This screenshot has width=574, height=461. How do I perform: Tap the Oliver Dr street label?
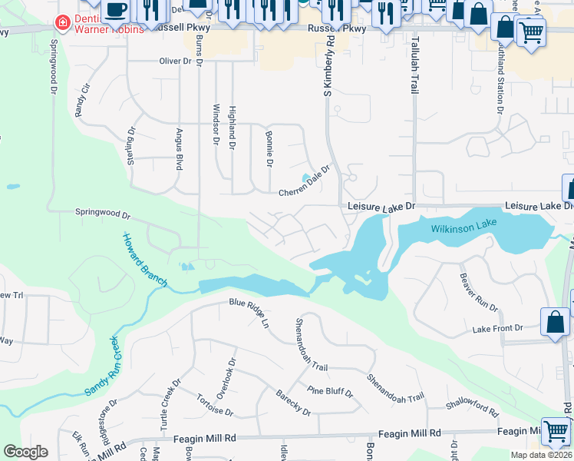tap(174, 61)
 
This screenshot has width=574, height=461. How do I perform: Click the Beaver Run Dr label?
tap(478, 292)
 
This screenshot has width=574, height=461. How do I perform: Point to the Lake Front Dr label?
tap(498, 328)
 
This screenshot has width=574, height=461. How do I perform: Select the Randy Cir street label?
tap(82, 100)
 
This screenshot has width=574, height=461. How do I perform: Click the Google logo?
tap(25, 452)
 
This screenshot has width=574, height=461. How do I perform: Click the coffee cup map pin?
tap(115, 11)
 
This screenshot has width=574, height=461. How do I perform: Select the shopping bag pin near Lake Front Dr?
tap(555, 322)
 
